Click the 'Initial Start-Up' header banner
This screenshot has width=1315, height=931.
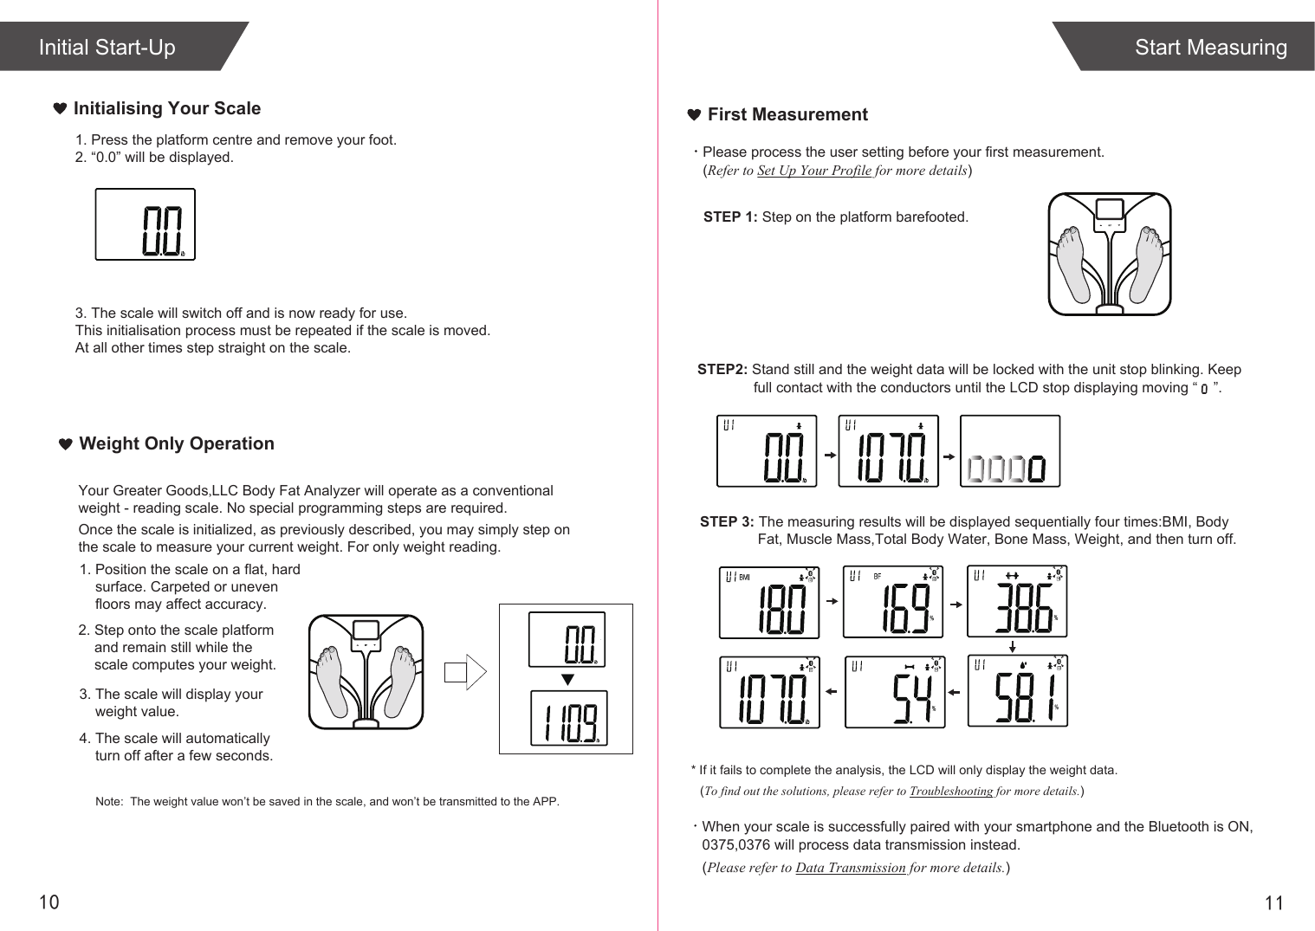tap(107, 48)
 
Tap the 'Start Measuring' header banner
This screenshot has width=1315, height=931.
tap(1209, 48)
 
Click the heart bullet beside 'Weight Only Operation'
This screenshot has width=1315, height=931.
tap(65, 444)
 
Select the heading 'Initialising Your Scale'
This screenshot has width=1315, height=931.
tap(166, 108)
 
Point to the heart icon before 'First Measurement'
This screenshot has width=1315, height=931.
tap(693, 115)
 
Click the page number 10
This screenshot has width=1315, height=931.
tap(49, 902)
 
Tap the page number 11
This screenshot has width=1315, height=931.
tap(1273, 903)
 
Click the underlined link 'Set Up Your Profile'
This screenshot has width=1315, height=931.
tap(813, 171)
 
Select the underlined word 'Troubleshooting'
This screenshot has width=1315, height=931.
tap(950, 791)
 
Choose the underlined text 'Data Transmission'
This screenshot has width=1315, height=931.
tap(850, 868)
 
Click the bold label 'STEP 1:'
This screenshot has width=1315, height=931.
tap(730, 217)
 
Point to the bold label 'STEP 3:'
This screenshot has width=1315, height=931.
tap(727, 522)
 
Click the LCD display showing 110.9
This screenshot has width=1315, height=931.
tap(568, 718)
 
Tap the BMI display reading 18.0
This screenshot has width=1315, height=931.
tap(769, 602)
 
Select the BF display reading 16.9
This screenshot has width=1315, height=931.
tap(892, 602)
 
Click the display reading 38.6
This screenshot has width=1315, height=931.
tap(1016, 602)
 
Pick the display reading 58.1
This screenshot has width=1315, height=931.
tap(1017, 690)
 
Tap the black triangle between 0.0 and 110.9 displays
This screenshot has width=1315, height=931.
tap(567, 678)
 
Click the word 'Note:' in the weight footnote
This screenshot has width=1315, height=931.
tap(108, 802)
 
